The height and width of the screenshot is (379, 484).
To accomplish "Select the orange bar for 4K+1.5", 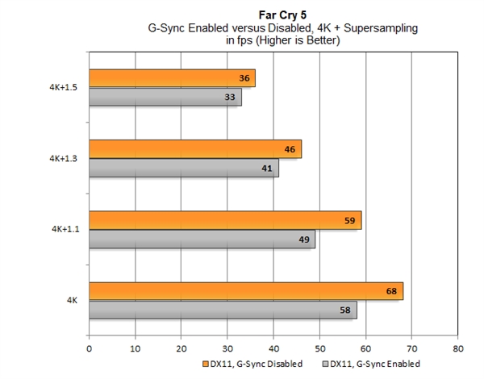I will click(x=171, y=78).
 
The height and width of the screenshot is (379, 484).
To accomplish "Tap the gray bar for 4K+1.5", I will click(x=165, y=98).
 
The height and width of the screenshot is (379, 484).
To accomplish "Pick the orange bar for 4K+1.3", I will click(x=194, y=149).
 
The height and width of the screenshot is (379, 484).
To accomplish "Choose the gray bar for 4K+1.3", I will click(x=183, y=169).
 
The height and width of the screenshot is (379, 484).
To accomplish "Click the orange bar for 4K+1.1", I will click(x=224, y=220).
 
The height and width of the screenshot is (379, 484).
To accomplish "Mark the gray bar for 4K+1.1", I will click(x=202, y=239).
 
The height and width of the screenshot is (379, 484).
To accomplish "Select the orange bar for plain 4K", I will click(x=245, y=290).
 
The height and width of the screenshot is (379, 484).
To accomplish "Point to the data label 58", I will click(x=345, y=310).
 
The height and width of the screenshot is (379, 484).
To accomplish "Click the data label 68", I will click(x=391, y=290).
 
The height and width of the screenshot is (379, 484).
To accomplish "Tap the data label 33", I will click(x=230, y=98).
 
